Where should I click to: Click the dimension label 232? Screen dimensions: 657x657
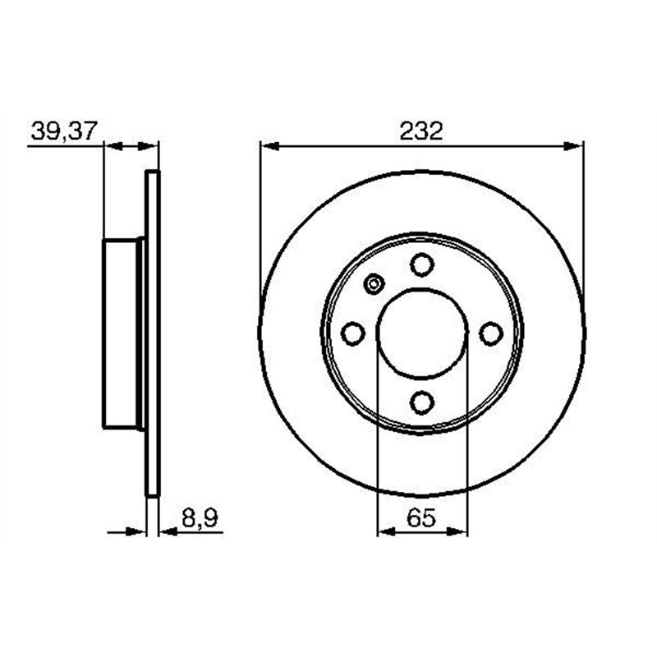[x=422, y=131]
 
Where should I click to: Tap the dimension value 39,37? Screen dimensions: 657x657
[x=64, y=131]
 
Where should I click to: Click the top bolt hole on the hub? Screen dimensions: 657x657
[x=422, y=264]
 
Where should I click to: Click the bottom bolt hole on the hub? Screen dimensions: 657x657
[x=422, y=402]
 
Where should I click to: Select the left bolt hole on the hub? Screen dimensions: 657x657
[x=353, y=333]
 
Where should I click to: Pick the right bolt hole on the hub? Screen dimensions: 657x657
[x=491, y=333]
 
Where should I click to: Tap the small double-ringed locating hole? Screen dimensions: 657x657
[x=374, y=285]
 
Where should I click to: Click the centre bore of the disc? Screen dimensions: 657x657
[x=422, y=333]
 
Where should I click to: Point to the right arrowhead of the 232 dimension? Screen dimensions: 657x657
[x=575, y=146]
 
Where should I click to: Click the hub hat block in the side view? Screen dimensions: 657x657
[x=122, y=333]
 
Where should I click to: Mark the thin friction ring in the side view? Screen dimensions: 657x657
[x=152, y=333]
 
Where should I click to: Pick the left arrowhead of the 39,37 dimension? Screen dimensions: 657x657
[x=112, y=146]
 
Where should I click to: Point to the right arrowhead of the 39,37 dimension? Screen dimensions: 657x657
[x=150, y=146]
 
